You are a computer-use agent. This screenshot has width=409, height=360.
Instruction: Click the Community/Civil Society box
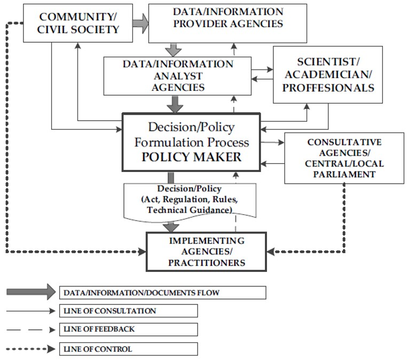pos(78,23)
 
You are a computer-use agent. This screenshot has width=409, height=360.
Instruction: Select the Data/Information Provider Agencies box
pos(228,23)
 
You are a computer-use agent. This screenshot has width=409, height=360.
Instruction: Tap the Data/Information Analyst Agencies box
pos(178,75)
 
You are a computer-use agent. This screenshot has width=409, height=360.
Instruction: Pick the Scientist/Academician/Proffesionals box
pos(327,74)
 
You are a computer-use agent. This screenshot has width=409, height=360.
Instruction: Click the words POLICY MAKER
pos(191,157)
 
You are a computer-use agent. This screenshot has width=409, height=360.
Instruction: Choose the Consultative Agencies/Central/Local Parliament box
pos(344,158)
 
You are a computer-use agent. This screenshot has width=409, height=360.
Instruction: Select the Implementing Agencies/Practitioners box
pos(207,251)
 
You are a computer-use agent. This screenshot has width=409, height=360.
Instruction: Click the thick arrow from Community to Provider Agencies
pos(140,23)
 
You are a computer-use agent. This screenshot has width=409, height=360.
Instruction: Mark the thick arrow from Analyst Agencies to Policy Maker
pos(174,104)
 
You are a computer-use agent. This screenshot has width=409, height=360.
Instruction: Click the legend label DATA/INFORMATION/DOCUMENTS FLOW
pos(141,293)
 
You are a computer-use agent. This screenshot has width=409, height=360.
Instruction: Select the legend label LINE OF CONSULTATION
pos(110,311)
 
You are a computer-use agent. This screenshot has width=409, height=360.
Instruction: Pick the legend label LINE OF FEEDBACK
pos(99,329)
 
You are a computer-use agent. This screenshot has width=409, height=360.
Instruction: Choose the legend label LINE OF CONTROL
pos(97,349)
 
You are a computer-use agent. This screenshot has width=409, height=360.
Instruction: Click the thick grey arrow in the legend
pos(30,292)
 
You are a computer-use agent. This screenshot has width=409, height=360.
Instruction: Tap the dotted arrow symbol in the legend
pos(30,349)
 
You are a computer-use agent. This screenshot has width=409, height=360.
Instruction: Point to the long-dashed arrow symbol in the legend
pos(30,330)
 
